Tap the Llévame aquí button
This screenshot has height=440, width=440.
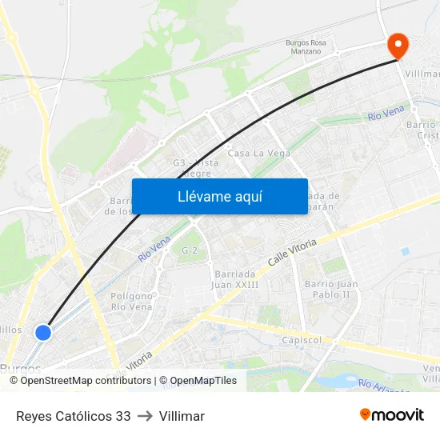click(220, 196)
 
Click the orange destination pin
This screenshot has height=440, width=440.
click(397, 46)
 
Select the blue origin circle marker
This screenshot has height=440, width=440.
click(43, 332)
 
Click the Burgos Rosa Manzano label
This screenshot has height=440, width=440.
click(306, 46)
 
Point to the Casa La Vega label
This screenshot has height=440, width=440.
click(254, 153)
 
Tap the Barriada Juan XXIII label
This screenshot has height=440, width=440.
click(235, 279)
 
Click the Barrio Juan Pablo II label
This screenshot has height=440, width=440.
click(331, 289)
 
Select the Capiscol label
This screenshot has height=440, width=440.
click(302, 340)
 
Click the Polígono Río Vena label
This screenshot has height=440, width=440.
click(132, 301)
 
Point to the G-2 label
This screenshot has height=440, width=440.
click(190, 250)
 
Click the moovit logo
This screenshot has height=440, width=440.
click(392, 415)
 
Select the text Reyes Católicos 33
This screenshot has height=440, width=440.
click(73, 416)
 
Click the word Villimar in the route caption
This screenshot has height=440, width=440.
click(182, 416)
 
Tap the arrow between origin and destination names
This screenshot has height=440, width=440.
click(145, 416)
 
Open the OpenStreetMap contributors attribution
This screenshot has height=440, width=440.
click(85, 381)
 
